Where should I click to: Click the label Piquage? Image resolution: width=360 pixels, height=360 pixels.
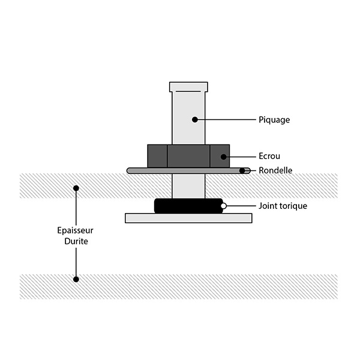tap(274, 120)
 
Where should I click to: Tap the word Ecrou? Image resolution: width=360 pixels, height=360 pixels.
tap(269, 156)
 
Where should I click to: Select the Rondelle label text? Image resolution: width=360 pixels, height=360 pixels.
tap(275, 170)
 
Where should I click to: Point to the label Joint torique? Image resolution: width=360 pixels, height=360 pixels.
tap(283, 206)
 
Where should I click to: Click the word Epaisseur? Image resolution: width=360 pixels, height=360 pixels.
tap(75, 230)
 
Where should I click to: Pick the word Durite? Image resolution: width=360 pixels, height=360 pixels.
tap(76, 241)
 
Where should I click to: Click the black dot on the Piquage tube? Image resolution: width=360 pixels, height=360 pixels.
tap(194, 119)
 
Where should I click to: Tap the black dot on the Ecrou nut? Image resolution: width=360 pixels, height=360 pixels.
tap(223, 157)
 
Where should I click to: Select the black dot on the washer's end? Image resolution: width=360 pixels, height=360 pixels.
tap(242, 171)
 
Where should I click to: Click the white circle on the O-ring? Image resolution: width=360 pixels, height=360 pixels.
tap(223, 206)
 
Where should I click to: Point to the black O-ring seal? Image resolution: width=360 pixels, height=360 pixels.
tap(188, 206)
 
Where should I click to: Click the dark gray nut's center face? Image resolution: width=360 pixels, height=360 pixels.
tap(188, 156)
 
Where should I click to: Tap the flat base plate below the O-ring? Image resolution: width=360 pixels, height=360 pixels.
tap(188, 218)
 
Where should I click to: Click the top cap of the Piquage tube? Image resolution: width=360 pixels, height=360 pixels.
tap(188, 87)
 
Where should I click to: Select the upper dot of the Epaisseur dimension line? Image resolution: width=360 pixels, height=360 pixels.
tap(76, 188)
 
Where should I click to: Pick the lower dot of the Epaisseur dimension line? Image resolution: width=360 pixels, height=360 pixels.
tap(76, 280)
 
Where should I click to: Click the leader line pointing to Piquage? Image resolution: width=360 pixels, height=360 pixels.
tap(227, 119)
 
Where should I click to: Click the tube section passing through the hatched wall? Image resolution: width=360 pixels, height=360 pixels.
tap(188, 186)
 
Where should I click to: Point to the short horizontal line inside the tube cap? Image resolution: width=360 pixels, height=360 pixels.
tap(188, 91)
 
